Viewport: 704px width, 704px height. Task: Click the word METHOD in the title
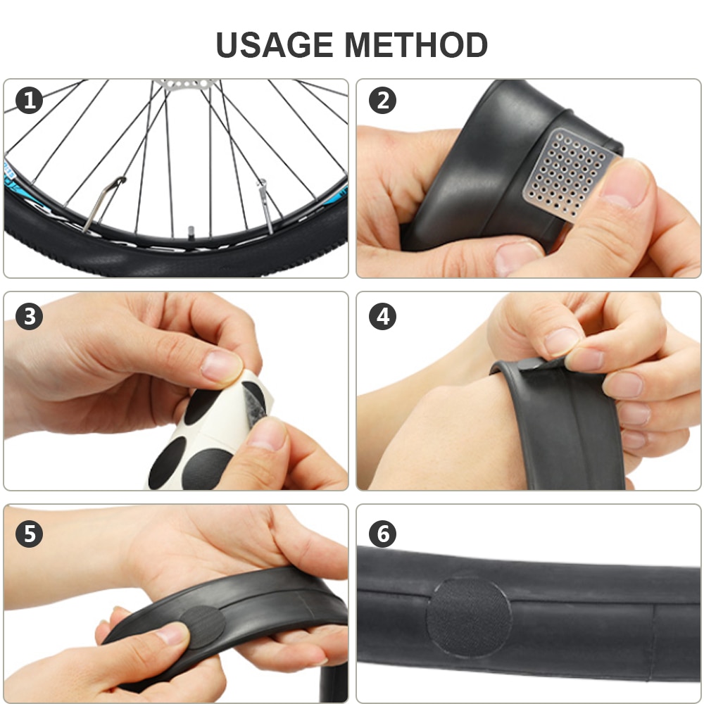(416, 45)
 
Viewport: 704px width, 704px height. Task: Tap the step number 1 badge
(29, 101)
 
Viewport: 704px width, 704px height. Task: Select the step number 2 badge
(382, 101)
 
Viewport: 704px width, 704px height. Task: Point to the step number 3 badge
(29, 316)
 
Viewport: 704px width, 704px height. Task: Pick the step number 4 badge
(382, 316)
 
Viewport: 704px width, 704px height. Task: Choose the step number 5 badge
(29, 534)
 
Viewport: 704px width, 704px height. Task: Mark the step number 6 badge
(382, 534)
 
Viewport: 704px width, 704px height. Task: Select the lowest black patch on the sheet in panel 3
(204, 468)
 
